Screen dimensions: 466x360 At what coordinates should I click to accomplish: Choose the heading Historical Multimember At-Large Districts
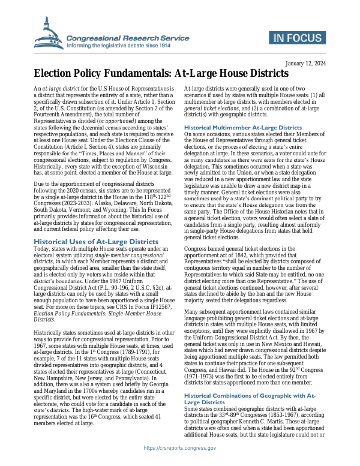pos(242,128)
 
